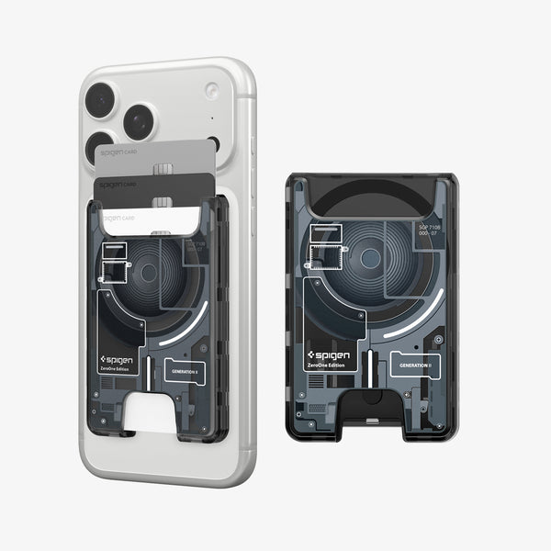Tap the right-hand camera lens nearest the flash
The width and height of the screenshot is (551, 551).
[140, 121]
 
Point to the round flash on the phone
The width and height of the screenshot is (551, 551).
[212, 91]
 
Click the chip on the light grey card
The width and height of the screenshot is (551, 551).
[163, 169]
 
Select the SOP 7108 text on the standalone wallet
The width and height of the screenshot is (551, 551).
[430, 229]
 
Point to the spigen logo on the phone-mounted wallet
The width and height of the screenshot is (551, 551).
[118, 359]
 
